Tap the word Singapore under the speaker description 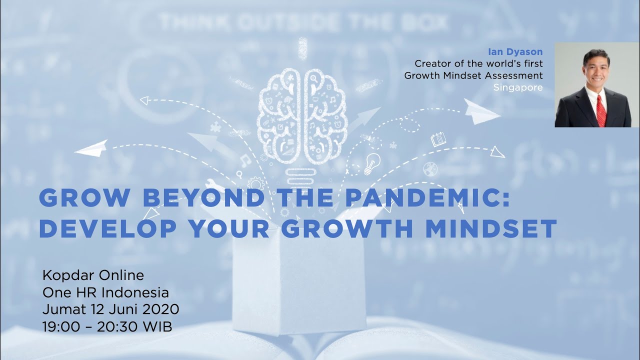(x=517, y=87)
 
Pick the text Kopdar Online (x=93, y=275)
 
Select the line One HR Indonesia (x=106, y=292)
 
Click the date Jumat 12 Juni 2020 (x=111, y=309)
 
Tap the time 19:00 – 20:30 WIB (x=107, y=326)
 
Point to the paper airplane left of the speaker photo (x=481, y=111)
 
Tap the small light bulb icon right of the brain (x=371, y=162)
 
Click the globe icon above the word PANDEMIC (x=430, y=169)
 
